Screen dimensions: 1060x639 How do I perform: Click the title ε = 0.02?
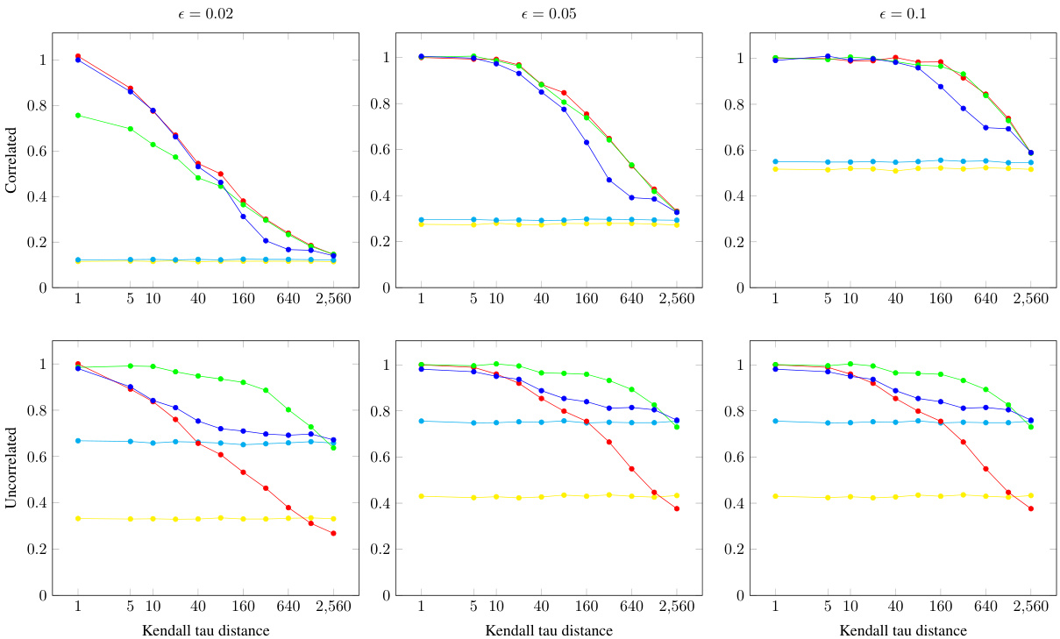tap(206, 15)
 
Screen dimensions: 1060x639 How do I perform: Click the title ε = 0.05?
tap(549, 15)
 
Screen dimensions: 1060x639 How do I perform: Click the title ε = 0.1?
tap(903, 15)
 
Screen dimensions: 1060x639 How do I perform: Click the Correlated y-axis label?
tap(12, 160)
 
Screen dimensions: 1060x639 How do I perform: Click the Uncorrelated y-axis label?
tap(12, 467)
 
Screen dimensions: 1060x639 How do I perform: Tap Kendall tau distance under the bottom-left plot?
tap(206, 630)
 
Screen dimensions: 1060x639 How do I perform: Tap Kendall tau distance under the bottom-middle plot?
tap(549, 630)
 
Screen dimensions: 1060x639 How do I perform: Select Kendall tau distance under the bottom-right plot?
tap(903, 630)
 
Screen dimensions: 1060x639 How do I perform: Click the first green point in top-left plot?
tap(78, 115)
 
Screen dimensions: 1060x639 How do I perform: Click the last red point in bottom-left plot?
tap(333, 533)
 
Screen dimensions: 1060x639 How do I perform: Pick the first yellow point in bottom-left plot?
tap(78, 518)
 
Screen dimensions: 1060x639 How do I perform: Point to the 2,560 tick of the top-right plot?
tap(1030, 299)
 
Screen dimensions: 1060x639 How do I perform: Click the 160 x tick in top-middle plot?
tap(586, 299)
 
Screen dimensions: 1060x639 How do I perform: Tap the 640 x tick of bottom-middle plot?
tap(631, 607)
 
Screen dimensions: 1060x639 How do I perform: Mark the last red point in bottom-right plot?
tap(1031, 508)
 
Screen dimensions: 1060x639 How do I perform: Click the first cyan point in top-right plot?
tap(775, 161)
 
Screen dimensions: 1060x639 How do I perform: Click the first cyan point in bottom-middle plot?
tap(421, 421)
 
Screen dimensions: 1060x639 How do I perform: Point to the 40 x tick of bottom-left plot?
tap(197, 607)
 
